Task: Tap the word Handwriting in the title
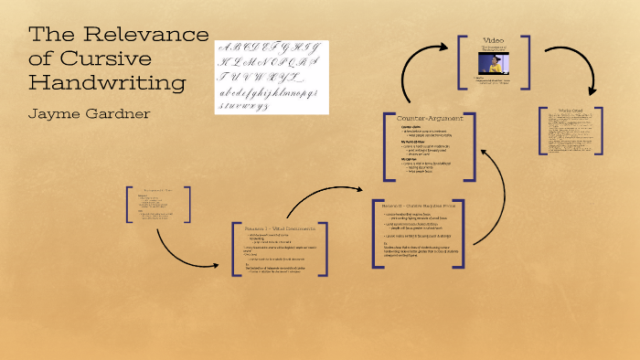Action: pyautogui.click(x=107, y=83)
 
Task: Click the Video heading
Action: pyautogui.click(x=494, y=41)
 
